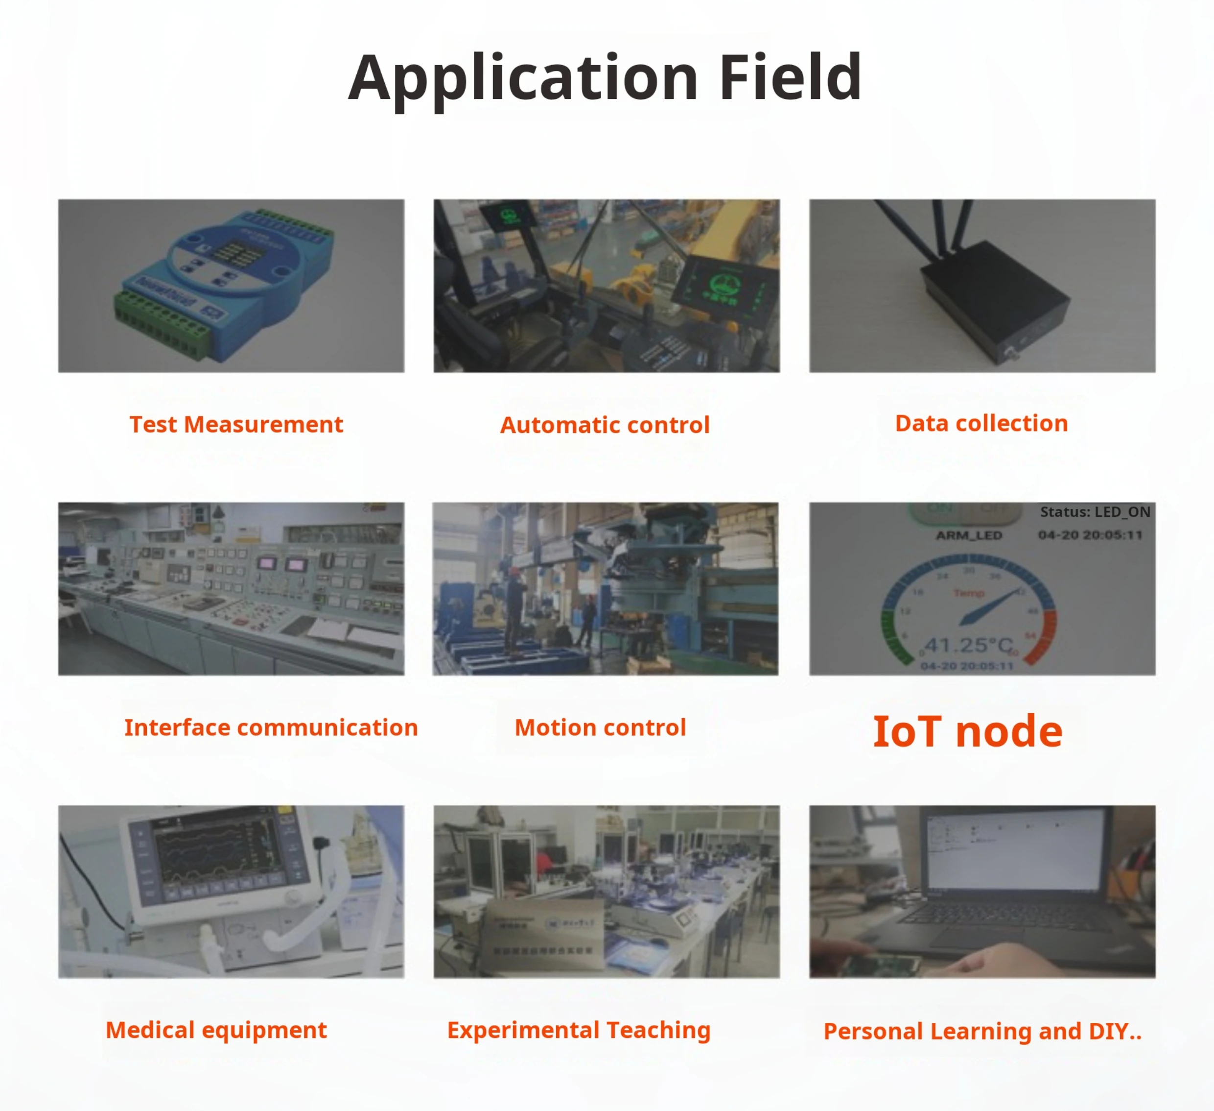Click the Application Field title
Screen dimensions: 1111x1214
[x=605, y=78]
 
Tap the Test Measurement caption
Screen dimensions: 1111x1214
[x=236, y=425]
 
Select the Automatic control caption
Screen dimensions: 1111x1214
[x=605, y=425]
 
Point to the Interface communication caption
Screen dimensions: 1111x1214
[x=271, y=728]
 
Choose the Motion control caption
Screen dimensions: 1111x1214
[x=600, y=728]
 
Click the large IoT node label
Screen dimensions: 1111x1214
[x=968, y=732]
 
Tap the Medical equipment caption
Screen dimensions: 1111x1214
[x=216, y=1030]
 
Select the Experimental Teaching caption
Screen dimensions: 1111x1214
[x=579, y=1030]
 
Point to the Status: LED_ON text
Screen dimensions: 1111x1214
[x=1095, y=512]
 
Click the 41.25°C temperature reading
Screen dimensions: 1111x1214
[x=968, y=645]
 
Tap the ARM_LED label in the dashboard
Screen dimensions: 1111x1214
[x=968, y=535]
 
